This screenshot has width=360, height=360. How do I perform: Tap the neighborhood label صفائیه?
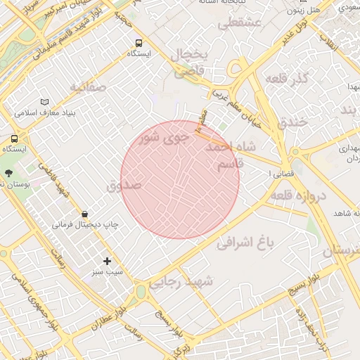point(87,86)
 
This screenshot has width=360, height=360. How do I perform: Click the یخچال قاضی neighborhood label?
point(189,63)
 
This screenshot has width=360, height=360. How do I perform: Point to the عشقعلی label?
point(239,23)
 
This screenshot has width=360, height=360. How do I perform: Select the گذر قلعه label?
point(288,79)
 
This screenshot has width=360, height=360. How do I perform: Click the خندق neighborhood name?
point(292,121)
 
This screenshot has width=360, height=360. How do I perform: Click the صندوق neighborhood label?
point(124,186)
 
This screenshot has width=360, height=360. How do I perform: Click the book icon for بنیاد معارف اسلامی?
point(46,101)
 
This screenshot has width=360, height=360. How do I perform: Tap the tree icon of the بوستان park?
point(8,173)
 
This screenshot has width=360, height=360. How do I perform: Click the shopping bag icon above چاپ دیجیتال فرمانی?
point(85,214)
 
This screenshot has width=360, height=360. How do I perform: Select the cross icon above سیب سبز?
point(107,261)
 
